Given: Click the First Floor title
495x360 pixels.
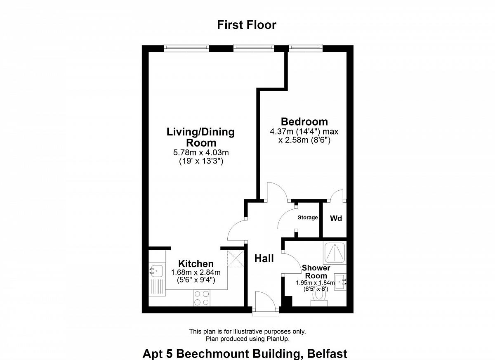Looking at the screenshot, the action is pos(247,25).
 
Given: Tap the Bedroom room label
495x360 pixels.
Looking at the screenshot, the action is pos(304,122).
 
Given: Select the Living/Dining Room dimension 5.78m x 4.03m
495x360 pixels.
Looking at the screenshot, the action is pos(201,152).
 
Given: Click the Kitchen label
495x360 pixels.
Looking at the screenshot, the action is pos(196,263).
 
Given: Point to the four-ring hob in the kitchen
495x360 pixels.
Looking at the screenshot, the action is pos(202,298).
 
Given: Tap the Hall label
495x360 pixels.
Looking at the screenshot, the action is pos(264,258).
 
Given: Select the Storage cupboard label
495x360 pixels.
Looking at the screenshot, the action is pos(308,218).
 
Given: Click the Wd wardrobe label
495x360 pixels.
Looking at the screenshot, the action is pos(336,218).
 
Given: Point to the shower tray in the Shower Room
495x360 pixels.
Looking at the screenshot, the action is pos(335,253).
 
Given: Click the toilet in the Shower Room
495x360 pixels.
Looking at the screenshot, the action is pos(319,298).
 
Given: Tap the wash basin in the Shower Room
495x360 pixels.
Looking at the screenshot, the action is pos(340,282).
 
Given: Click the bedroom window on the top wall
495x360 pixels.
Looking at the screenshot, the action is pos(306,48).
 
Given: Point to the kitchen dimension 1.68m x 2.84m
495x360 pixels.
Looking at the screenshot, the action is pos(196,272).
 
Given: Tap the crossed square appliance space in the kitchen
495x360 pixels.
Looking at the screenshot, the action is pos(236,258).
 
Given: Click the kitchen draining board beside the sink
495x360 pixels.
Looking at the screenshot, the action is pos(157,287).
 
